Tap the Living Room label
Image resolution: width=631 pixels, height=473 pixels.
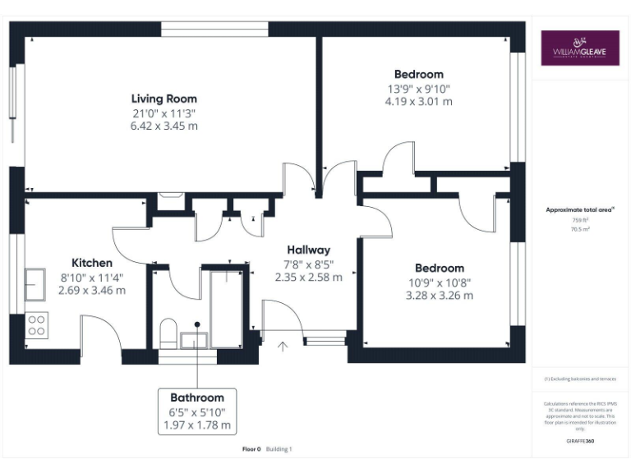point(164,99)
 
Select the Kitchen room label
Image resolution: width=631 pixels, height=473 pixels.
point(92,263)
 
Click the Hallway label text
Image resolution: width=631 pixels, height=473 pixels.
point(308,250)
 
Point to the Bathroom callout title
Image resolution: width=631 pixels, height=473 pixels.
point(197,397)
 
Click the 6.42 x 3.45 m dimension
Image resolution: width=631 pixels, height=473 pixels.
point(164,126)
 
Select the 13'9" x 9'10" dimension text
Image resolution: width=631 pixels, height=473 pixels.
point(418,89)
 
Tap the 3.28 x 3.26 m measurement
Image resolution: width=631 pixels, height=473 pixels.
point(439,296)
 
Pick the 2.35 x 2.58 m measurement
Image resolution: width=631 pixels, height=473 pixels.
point(308,278)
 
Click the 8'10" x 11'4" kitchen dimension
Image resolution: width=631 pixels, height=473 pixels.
point(92,278)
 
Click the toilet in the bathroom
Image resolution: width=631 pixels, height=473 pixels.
point(167,333)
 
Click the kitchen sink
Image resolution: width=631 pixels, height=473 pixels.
point(35,285)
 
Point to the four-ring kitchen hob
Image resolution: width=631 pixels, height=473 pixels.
point(36,325)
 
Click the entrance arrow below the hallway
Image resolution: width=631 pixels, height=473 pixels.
point(284,347)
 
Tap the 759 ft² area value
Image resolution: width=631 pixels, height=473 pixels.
point(580,220)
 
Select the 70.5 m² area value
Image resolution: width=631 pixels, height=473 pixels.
point(580,230)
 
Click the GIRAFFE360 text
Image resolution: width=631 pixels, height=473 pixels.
point(580,441)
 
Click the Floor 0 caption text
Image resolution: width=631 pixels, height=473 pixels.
point(251,449)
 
